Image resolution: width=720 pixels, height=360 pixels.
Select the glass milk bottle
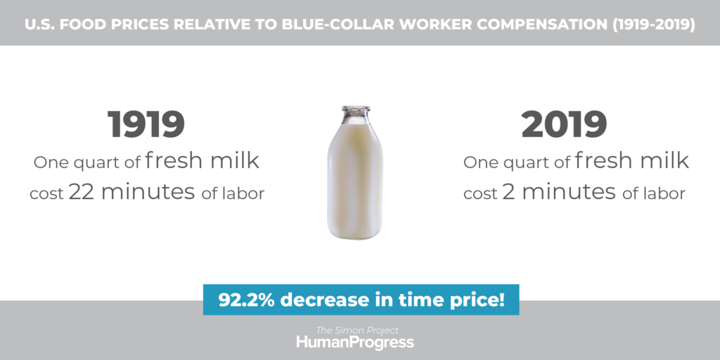click(x=355, y=173)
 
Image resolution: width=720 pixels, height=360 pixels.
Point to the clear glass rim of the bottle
click(x=355, y=110)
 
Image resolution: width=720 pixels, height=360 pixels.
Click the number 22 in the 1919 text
click(x=82, y=192)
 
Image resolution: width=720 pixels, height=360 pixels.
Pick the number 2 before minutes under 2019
click(x=509, y=192)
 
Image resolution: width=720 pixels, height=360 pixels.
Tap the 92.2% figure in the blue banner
click(x=246, y=300)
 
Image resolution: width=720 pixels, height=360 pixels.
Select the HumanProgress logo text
click(x=355, y=342)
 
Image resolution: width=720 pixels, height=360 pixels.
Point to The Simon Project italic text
click(x=356, y=330)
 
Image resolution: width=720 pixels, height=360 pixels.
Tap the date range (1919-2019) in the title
click(x=653, y=25)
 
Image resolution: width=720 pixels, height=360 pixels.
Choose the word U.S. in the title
click(x=39, y=25)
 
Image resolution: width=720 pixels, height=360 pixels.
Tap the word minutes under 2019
click(x=569, y=192)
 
